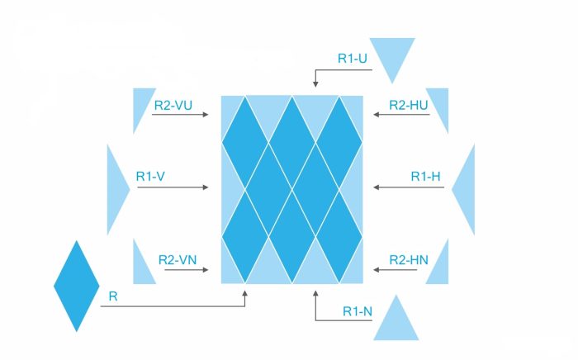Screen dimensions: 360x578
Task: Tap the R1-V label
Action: [150, 176]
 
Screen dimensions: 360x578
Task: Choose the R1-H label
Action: [426, 176]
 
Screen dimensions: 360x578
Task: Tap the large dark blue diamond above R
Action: [77, 286]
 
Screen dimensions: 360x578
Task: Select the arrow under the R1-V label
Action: [173, 188]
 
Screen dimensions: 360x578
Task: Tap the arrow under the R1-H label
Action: [410, 188]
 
